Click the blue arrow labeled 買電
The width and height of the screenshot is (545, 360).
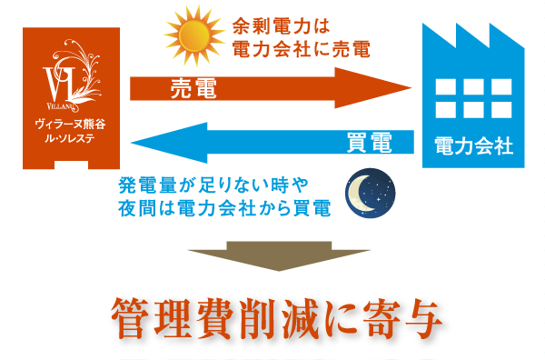(272, 142)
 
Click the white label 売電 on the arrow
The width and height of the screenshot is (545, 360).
(193, 88)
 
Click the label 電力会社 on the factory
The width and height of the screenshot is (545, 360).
(473, 145)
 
